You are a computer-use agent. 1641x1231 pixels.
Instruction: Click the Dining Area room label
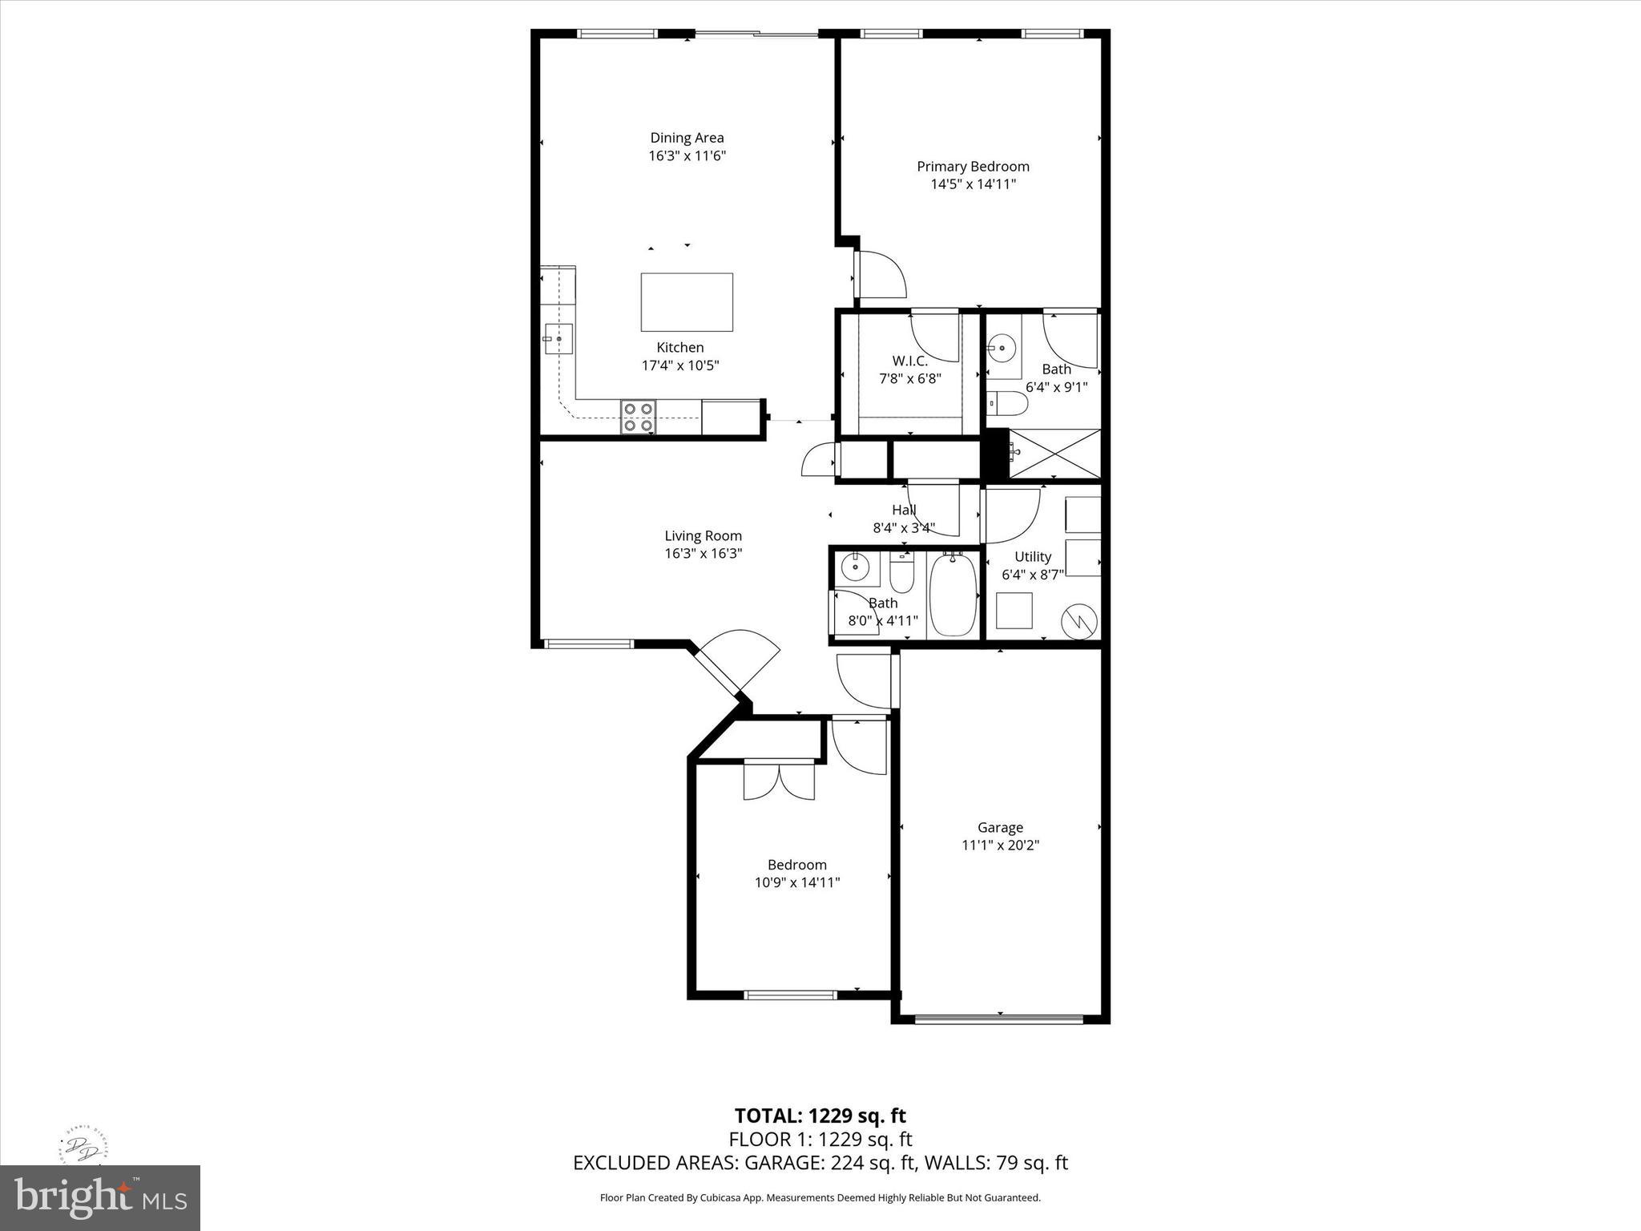pos(687,138)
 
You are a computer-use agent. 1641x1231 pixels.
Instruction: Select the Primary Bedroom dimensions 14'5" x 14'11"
pos(973,184)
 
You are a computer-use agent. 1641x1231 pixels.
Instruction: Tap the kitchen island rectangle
pos(687,302)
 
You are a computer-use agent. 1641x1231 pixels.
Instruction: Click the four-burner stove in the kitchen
pos(638,417)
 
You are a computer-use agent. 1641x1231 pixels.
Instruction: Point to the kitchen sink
pos(558,339)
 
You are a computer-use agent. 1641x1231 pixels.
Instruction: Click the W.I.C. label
pos(909,361)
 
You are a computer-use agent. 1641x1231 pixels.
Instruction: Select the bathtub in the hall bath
pos(954,595)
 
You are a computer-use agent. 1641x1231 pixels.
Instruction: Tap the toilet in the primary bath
pos(1007,403)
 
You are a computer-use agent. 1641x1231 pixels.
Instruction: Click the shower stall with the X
pos(1054,454)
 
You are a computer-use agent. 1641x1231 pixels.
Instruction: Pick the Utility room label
pos(1032,556)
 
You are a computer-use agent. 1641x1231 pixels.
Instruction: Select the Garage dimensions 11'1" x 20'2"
pos(1000,845)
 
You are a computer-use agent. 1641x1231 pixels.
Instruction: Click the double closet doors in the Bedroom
pos(779,781)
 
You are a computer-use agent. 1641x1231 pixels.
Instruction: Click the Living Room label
pos(703,535)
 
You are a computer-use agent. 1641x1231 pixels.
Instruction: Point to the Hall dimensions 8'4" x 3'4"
pos(904,528)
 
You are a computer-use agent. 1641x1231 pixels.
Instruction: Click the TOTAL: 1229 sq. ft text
pos(820,1116)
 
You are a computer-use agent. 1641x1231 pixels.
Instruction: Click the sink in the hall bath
pos(855,567)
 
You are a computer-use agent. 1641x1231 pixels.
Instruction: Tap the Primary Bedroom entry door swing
pos(881,275)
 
